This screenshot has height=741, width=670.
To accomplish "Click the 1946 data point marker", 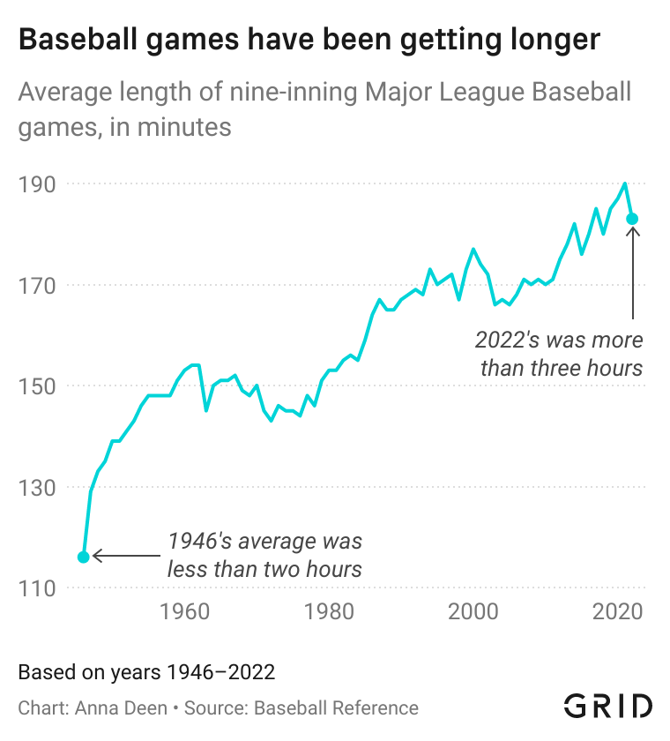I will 84,557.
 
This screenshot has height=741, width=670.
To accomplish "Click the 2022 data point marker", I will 632,219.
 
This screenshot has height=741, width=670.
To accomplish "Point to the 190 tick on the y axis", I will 37,184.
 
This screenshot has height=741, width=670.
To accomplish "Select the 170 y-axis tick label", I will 37,286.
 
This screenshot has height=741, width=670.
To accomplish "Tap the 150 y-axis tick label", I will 37,386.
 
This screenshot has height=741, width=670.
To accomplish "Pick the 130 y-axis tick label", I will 37,487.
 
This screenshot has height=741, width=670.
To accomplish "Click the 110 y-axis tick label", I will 37,588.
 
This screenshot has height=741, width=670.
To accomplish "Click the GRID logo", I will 608,706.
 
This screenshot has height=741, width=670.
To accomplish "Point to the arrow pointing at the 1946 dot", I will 128,556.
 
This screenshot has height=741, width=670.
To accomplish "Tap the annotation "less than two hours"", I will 264,569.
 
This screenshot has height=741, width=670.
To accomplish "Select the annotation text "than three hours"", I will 562,367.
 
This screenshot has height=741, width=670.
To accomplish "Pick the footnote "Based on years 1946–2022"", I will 147,672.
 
